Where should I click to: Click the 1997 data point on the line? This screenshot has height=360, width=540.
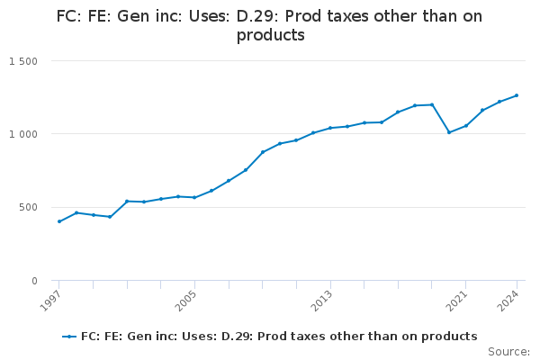click(x=59, y=221)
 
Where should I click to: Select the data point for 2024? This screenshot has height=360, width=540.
click(x=517, y=95)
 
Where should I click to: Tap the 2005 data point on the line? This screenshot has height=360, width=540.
click(x=194, y=197)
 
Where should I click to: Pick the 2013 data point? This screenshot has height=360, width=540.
click(x=330, y=128)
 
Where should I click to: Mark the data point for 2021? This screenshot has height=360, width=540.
click(x=465, y=126)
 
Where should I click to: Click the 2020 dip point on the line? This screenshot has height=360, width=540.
click(x=449, y=132)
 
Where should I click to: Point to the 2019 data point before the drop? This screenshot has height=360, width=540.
click(x=432, y=104)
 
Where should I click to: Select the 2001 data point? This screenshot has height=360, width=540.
click(x=127, y=201)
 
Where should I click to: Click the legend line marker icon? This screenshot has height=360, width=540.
click(x=69, y=337)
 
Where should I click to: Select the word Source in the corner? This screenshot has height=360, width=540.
click(x=508, y=352)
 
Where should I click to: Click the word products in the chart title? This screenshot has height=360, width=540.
click(x=270, y=36)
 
